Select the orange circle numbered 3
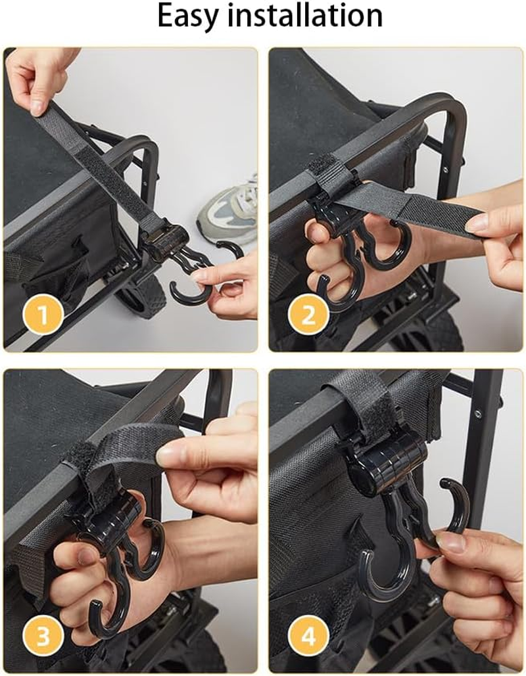43,636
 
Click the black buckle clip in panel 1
165,240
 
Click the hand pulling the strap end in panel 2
497,237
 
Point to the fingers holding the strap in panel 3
204,453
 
